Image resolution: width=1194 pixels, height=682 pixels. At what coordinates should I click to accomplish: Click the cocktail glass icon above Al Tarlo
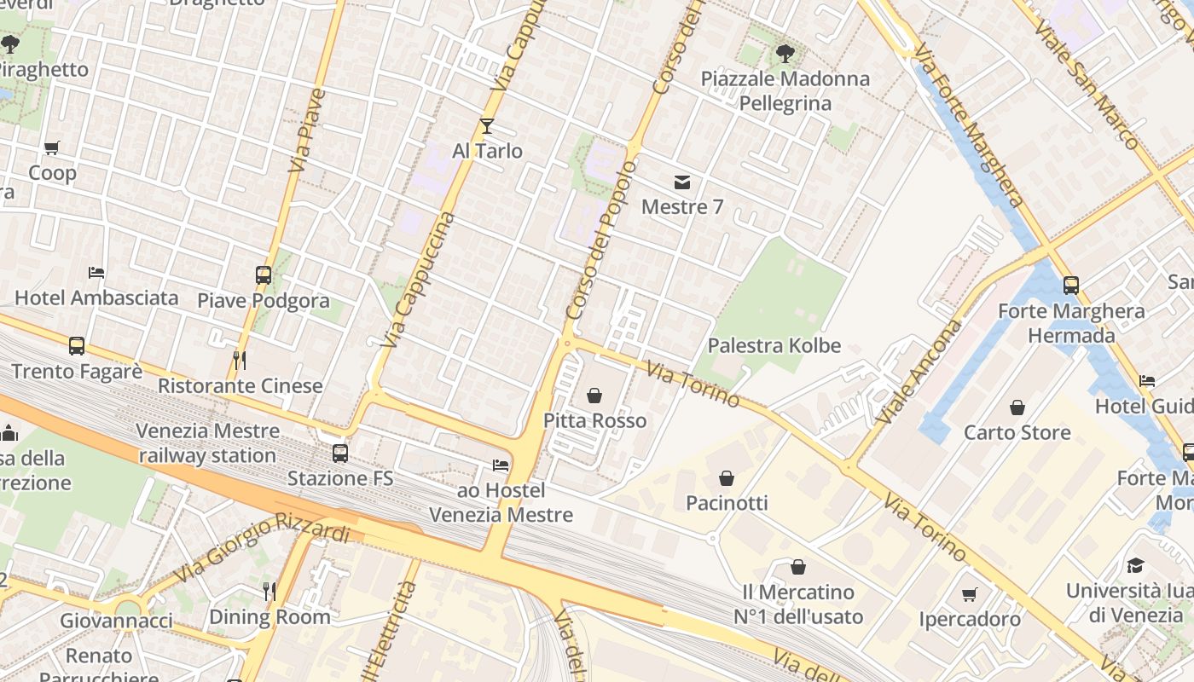487,126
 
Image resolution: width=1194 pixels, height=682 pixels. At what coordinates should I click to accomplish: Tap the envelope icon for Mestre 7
682,182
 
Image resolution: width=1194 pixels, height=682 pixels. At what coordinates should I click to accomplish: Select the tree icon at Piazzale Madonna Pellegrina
785,54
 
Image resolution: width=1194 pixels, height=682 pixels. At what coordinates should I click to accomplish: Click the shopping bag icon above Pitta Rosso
594,396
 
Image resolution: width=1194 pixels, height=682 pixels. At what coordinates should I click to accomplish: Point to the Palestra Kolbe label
774,345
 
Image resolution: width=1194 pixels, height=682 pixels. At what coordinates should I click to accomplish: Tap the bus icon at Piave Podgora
264,275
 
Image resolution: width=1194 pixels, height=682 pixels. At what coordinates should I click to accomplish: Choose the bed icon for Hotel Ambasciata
96,273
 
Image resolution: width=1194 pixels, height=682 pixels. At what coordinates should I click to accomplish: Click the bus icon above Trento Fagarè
77,346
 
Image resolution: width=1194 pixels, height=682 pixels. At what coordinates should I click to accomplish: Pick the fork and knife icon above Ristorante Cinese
240,361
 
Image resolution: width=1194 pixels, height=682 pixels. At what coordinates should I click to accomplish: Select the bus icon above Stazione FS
340,454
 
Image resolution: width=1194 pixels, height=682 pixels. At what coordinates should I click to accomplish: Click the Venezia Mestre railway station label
207,442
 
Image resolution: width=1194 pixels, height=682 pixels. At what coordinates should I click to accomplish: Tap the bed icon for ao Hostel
501,465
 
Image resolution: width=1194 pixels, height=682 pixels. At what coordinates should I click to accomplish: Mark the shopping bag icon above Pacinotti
727,478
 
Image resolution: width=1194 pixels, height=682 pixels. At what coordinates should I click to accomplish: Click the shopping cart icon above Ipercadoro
970,594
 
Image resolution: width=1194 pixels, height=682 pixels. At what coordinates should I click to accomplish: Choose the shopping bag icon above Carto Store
1017,407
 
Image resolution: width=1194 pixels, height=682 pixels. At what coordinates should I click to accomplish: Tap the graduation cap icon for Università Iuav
1135,566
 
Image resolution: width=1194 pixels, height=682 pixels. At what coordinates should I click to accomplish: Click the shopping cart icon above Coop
52,148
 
